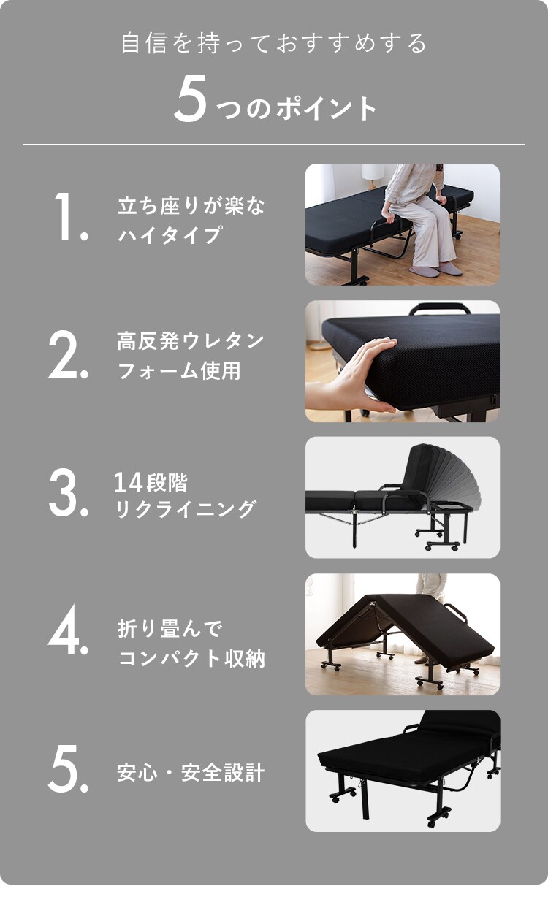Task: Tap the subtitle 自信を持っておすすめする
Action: pos(274,43)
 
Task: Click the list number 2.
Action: pos(68,356)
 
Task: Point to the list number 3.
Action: pos(68,495)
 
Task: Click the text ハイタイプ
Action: pos(169,235)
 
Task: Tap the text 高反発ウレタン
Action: pos(191,341)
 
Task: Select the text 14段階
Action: pos(151,483)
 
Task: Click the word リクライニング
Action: pos(186,509)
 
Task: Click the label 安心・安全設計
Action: pos(191,773)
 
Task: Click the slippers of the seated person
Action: pos(435,270)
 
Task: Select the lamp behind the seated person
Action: pos(372,174)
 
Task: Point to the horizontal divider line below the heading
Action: pos(274,144)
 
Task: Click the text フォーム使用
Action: pos(178,371)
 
